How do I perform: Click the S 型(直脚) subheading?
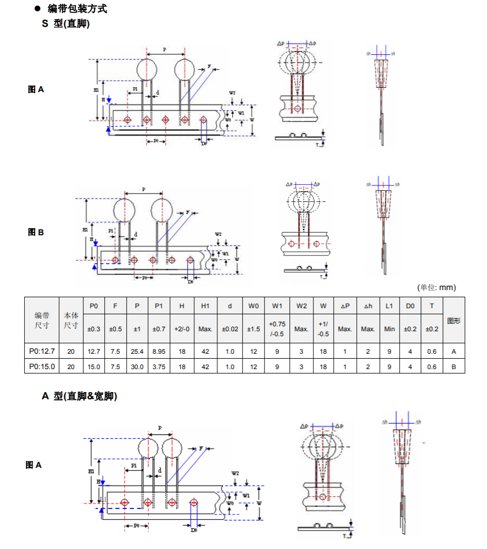tap(66, 24)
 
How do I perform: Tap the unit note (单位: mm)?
tap(436, 287)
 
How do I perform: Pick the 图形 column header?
tap(454, 320)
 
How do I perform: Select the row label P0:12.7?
tap(42, 352)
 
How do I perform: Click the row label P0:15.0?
tap(42, 366)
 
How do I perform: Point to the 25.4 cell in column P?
tap(137, 352)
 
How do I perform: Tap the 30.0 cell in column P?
tap(137, 366)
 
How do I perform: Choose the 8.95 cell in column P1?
tap(159, 352)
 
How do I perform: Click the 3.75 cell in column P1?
tap(159, 366)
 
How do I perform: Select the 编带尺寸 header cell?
tap(42, 320)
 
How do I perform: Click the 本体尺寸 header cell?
tap(71, 320)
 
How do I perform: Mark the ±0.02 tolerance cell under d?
tap(229, 329)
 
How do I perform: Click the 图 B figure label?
tap(36, 233)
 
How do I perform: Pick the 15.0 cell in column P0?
tap(94, 366)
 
